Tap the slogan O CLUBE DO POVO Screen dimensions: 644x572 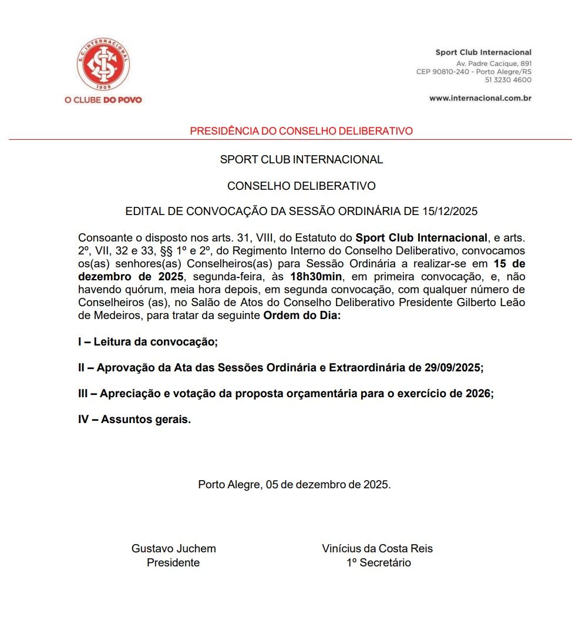coord(103,100)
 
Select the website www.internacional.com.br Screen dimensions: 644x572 coord(480,98)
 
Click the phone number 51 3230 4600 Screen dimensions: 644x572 coord(508,80)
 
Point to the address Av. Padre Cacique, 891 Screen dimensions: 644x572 coord(493,63)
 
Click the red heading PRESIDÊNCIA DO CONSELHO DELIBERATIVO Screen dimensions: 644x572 coord(301,131)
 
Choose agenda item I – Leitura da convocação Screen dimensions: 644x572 coord(147,342)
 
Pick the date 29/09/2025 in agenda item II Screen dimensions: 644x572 coord(452,368)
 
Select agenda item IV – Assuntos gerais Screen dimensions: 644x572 coord(134,420)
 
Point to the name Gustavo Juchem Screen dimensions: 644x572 coord(173,549)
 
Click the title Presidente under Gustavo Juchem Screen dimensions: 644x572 coord(173,563)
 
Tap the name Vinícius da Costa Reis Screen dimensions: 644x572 coord(377,549)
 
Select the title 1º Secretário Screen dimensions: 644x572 coord(378,563)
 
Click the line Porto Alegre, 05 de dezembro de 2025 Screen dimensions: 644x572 coord(294,485)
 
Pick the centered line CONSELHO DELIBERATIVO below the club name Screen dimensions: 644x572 coord(301,186)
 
